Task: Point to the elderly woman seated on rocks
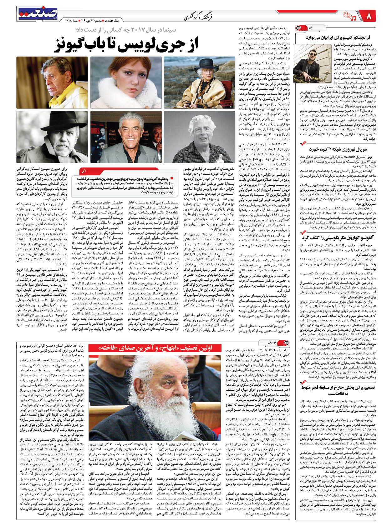[199, 83]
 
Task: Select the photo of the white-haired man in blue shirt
[199, 137]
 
